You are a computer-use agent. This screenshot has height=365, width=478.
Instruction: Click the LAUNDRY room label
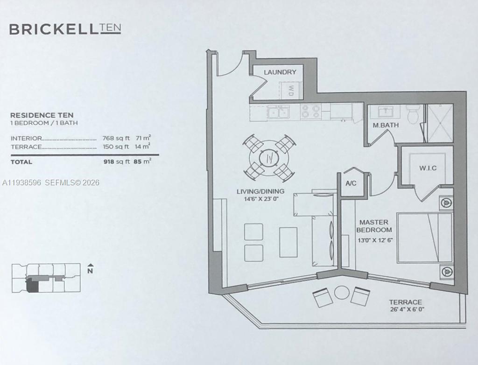click(280, 72)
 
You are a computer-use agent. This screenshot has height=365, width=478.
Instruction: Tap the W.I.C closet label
click(428, 168)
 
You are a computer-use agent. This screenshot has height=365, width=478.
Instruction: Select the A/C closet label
click(351, 183)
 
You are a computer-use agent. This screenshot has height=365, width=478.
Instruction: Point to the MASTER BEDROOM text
click(374, 226)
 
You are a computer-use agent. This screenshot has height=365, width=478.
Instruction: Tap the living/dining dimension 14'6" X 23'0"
click(260, 198)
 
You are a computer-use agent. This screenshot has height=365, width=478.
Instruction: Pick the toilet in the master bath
click(413, 114)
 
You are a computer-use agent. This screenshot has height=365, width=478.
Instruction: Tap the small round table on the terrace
click(342, 293)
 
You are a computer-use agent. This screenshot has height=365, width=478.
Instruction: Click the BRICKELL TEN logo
click(65, 29)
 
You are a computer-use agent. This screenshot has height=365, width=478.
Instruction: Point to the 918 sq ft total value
click(115, 162)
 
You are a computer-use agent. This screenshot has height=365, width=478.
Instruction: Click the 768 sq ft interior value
click(115, 138)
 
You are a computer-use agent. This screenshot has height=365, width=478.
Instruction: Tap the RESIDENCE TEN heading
click(42, 115)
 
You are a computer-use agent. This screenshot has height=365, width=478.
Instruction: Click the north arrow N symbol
click(90, 269)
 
